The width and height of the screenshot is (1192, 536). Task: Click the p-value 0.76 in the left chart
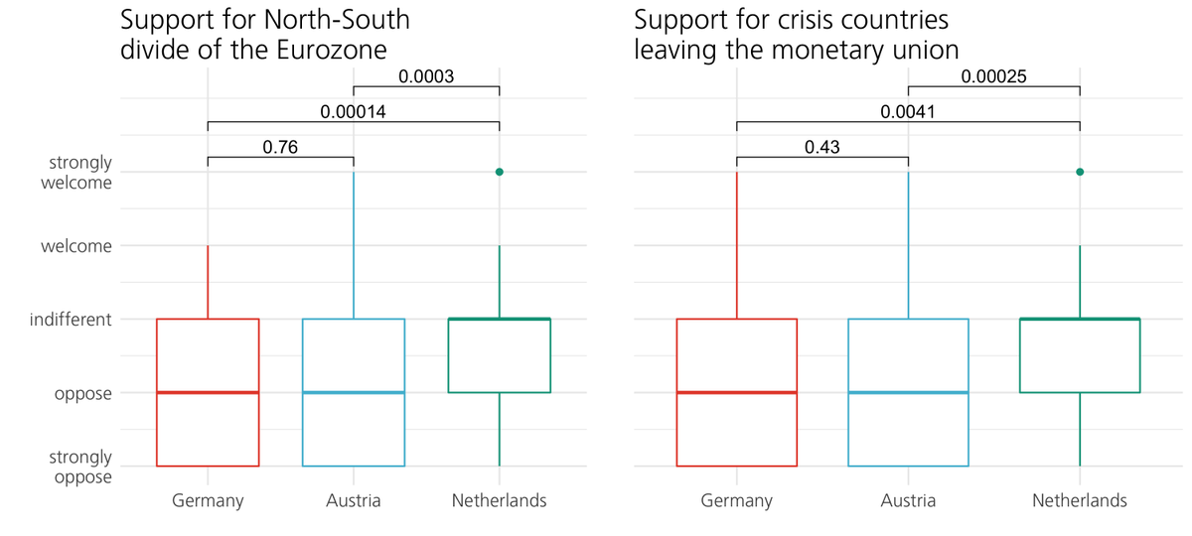pos(280,148)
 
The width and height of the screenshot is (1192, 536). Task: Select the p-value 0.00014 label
pos(353,113)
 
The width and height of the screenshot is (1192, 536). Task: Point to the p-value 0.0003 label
pos(426,75)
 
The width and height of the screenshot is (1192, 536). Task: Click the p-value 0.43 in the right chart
pos(821,148)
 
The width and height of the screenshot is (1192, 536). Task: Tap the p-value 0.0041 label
pos(907,113)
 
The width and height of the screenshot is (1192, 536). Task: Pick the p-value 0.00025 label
pos(992,75)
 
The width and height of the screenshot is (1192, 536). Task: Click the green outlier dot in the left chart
pos(500,172)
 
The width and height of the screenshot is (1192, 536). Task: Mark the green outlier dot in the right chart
pos(1079,172)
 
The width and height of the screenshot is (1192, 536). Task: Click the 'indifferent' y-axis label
pos(71,320)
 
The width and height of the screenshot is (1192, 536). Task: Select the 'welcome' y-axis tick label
pos(76,246)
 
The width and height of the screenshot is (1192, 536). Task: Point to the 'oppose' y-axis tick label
pos(83,393)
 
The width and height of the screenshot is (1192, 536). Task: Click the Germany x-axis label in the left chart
pos(208,500)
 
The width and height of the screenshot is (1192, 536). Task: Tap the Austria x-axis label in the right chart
pos(908,500)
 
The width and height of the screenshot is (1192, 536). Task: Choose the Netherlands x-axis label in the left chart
pos(499,500)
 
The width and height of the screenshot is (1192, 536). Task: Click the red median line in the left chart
pos(208,392)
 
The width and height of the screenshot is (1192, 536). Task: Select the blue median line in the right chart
pos(908,392)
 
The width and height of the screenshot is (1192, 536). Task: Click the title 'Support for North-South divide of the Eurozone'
pos(264,35)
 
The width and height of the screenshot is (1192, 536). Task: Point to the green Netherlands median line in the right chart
pos(1079,319)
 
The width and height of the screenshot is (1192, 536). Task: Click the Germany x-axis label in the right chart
pos(736,500)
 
